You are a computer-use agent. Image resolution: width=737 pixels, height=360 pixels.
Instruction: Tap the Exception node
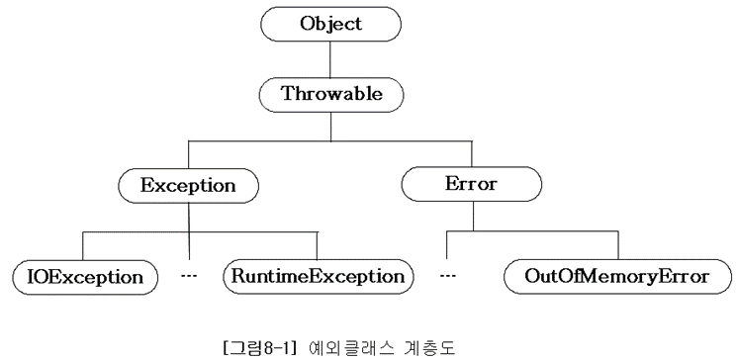click(x=189, y=184)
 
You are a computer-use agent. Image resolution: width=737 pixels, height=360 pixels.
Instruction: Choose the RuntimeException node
click(x=316, y=274)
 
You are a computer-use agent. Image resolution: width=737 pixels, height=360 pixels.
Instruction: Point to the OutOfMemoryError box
click(x=618, y=274)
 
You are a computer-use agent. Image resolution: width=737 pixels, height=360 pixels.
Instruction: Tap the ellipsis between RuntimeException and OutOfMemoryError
click(x=447, y=273)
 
